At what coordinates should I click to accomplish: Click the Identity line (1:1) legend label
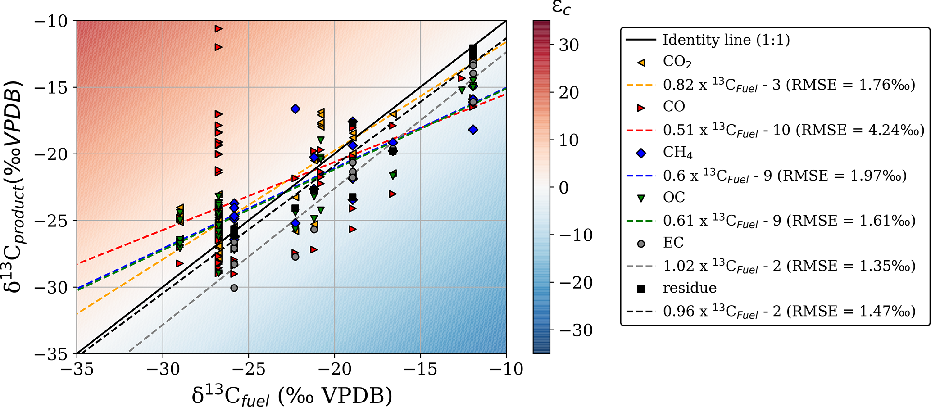[x=726, y=40]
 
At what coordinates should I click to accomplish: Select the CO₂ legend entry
[x=677, y=62]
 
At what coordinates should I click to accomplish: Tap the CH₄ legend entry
[x=677, y=153]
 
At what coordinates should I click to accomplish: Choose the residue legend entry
[x=689, y=288]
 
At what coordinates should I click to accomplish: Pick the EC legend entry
[x=673, y=243]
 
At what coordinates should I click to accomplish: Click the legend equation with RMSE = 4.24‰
[x=793, y=130]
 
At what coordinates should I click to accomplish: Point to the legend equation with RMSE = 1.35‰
[x=789, y=266]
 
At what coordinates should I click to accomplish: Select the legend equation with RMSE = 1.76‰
[x=789, y=85]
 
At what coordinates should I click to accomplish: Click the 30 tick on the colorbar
[x=568, y=45]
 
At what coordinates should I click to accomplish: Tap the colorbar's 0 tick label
[x=563, y=188]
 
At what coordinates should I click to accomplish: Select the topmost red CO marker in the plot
[x=218, y=29]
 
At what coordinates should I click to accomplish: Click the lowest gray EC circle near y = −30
[x=234, y=288]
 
